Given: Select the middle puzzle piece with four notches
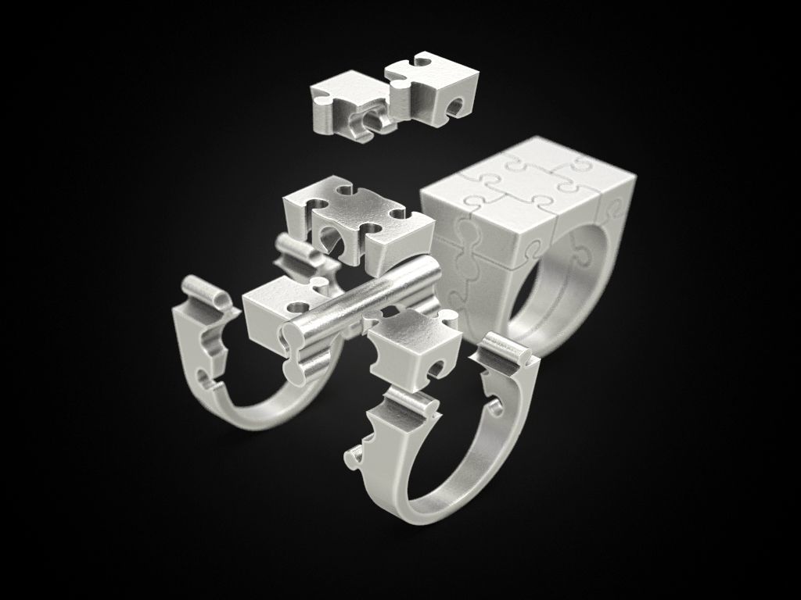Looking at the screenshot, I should coord(360,219).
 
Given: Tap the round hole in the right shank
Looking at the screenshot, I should coord(494,407).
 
